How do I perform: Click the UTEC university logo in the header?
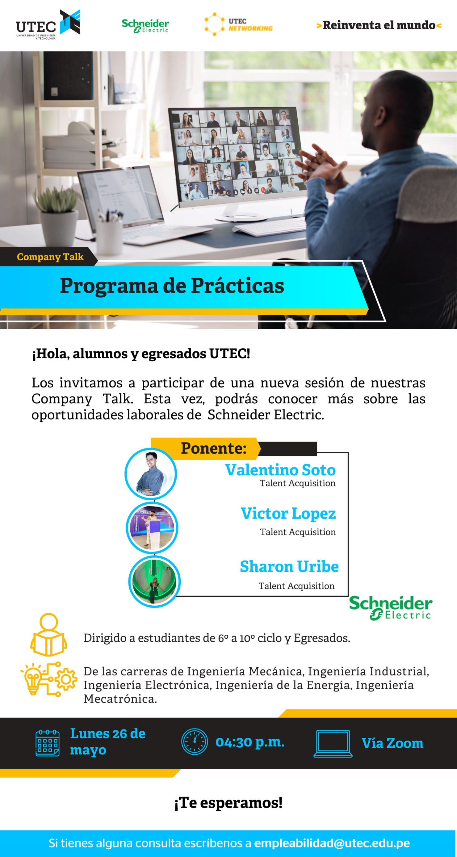click(48, 25)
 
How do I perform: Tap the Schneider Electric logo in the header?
click(145, 26)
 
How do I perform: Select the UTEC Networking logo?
click(238, 25)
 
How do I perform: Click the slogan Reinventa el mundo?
click(379, 25)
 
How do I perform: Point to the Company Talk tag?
click(50, 257)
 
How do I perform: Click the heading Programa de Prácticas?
click(172, 285)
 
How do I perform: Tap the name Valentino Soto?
click(280, 470)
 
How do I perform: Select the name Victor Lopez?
click(288, 513)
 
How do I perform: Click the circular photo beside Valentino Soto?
click(151, 474)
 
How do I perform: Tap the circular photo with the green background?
click(154, 582)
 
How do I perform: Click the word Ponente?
click(214, 448)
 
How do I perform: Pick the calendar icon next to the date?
click(48, 743)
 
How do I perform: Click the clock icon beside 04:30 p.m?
click(195, 741)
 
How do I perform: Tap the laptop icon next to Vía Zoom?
click(333, 743)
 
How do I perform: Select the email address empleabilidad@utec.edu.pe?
click(332, 843)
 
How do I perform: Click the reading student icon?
click(49, 635)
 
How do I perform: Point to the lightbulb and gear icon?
click(49, 679)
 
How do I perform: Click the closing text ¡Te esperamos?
click(228, 802)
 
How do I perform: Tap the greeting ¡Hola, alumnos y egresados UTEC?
click(141, 354)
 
